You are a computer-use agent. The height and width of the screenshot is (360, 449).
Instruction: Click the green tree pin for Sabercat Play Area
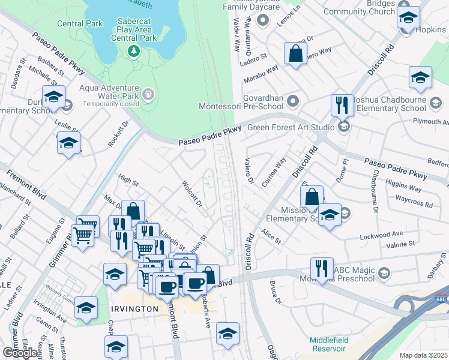133,52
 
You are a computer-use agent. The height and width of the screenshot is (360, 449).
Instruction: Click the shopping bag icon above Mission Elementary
312,196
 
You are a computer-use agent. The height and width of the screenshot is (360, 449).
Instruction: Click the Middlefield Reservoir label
328,344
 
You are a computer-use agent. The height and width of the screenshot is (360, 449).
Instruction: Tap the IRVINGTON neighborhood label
134,308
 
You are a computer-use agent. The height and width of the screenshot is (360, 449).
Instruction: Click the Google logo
20,353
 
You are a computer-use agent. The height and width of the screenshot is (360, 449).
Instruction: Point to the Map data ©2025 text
423,355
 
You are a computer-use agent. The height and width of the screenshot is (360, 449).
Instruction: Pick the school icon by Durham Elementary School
53,97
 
